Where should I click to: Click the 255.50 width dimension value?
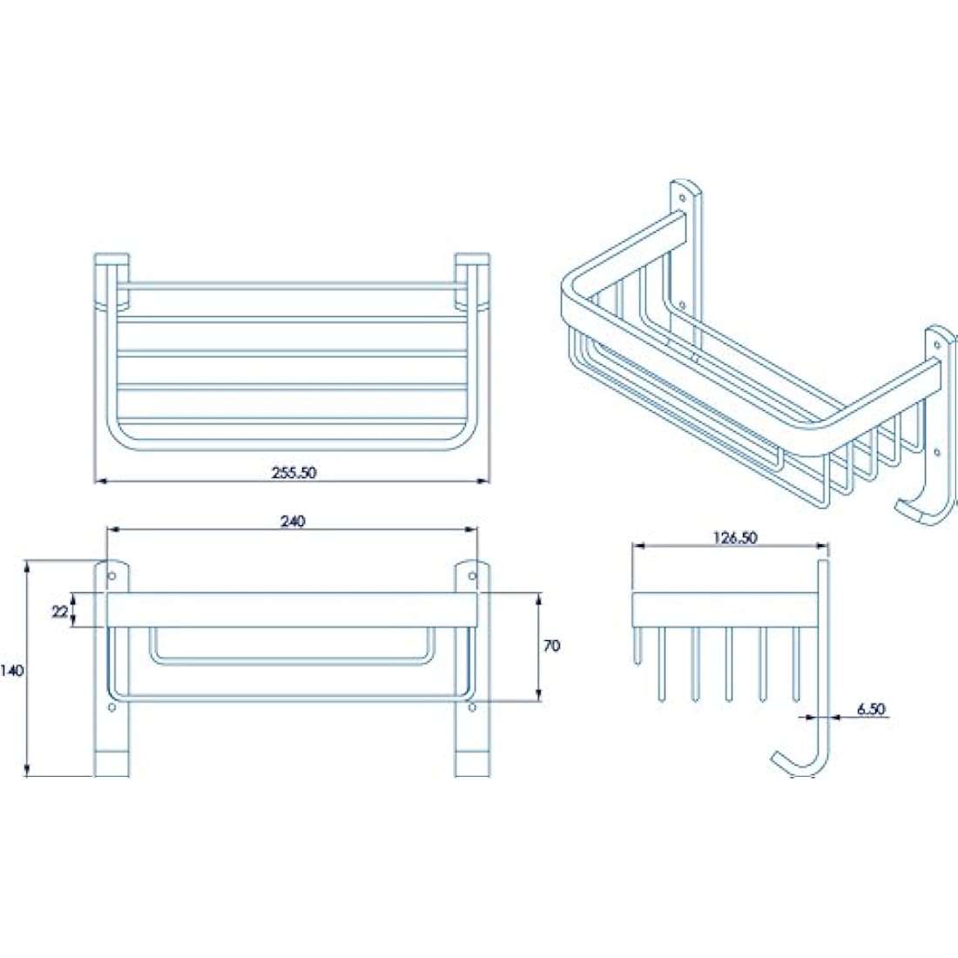293,472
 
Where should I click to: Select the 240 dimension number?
293,521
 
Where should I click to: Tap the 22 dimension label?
59,611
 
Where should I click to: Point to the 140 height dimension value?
12,671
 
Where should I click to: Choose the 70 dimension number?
551,645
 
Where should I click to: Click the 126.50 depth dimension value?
734,537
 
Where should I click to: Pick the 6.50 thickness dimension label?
870,709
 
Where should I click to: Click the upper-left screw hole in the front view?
111,576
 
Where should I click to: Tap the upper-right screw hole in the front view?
473,576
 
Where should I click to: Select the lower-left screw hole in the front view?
111,707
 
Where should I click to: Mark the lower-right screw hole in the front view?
473,707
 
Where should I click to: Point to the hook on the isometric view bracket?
919,509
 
